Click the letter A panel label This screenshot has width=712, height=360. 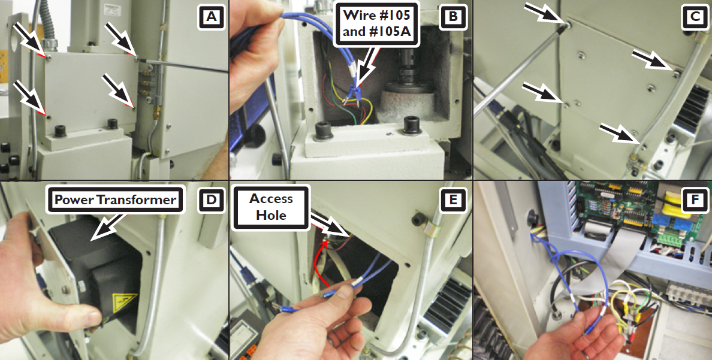tap(211, 17)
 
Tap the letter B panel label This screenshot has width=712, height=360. tap(452, 17)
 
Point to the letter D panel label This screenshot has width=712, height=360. tap(211, 200)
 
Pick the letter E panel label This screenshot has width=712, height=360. tap(452, 200)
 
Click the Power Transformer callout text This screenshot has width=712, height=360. tap(114, 199)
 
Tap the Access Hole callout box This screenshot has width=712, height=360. tap(271, 207)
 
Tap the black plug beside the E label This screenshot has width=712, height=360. tap(419, 219)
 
